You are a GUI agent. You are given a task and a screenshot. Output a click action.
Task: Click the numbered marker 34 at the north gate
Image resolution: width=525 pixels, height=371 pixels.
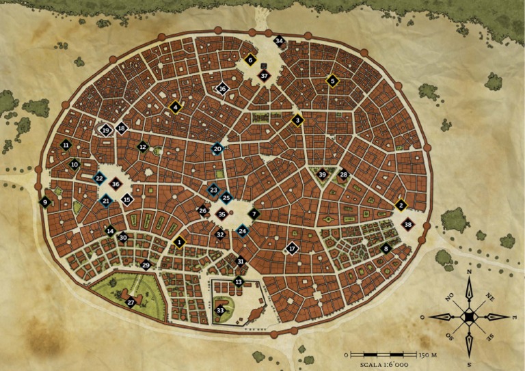click(279, 41)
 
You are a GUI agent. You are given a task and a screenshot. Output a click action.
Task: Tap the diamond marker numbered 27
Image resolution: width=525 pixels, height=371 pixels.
click(131, 302)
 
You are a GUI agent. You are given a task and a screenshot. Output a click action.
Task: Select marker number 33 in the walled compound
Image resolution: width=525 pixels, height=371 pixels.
click(220, 310)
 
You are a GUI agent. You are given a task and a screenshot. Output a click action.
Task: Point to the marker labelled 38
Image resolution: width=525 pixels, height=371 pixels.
click(408, 224)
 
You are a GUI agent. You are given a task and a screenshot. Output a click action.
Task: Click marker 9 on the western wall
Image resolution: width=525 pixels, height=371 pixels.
click(45, 202)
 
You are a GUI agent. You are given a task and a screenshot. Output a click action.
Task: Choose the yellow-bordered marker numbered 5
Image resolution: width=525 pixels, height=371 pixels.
click(332, 81)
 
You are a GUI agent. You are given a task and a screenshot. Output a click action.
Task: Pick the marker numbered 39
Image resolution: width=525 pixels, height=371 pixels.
click(322, 175)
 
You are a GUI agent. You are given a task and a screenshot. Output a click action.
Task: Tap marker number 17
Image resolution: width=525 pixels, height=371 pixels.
click(292, 249)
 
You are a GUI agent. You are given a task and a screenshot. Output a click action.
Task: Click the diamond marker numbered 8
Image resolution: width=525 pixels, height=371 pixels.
click(386, 249)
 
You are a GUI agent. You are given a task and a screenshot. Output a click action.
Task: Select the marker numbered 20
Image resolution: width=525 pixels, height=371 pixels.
click(217, 148)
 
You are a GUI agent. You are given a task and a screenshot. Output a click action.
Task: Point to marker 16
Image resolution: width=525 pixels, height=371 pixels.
click(222, 88)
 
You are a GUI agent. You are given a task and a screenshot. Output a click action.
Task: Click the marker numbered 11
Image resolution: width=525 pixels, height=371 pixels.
click(66, 145)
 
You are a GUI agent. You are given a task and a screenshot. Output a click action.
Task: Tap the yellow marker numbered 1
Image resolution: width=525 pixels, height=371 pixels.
click(179, 241)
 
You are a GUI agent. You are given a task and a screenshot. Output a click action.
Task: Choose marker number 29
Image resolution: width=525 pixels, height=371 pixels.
click(146, 264)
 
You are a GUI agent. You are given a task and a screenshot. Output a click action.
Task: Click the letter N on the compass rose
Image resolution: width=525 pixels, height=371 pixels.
click(470, 272)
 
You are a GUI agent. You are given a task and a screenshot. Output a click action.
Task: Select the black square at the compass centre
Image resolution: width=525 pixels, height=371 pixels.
click(470, 317)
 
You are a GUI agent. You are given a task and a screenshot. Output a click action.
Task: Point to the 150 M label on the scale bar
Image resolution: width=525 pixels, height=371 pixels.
click(429, 355)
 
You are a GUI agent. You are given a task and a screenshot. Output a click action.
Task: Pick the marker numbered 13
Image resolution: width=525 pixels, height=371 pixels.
click(239, 281)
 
